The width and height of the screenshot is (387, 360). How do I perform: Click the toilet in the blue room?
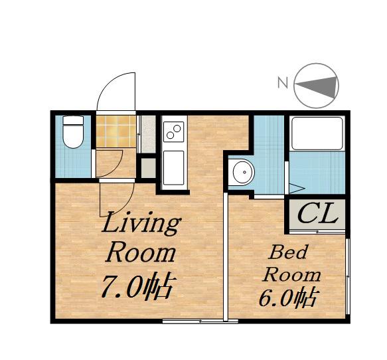click(73, 132)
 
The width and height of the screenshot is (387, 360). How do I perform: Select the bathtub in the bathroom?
click(317, 133)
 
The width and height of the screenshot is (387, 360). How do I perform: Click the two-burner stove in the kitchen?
click(173, 132)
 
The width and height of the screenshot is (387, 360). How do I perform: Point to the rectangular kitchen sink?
click(173, 167)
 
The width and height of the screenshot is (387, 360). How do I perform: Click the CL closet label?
click(317, 213)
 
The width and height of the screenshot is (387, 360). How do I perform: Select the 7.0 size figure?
click(121, 286)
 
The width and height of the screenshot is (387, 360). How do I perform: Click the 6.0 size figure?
click(275, 299)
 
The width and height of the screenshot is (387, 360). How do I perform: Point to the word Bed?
click(288, 252)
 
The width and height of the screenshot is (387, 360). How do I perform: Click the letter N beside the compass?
click(283, 83)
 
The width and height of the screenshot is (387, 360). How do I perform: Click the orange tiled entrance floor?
click(116, 131)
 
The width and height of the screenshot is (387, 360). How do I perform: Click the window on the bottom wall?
click(200, 321)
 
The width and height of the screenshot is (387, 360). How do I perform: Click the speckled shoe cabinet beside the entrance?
click(148, 134)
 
